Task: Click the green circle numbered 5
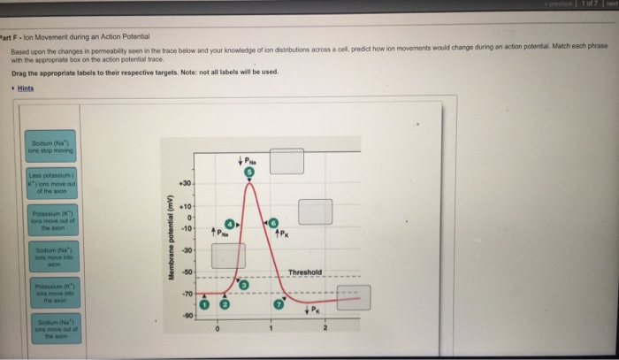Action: (x=249, y=173)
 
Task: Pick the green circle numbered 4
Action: (x=231, y=226)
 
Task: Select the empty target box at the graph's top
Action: (x=287, y=162)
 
